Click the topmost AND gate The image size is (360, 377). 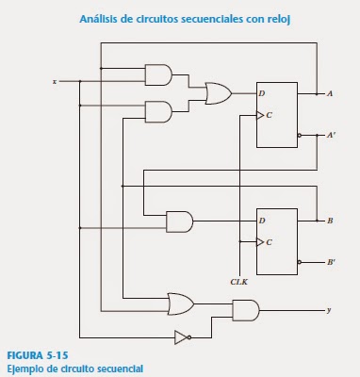pos(158,74)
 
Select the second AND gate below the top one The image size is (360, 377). pos(158,111)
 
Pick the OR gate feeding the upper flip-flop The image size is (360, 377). pos(218,92)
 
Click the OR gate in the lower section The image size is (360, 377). pos(179,303)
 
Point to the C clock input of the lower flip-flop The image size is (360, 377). pos(270,241)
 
